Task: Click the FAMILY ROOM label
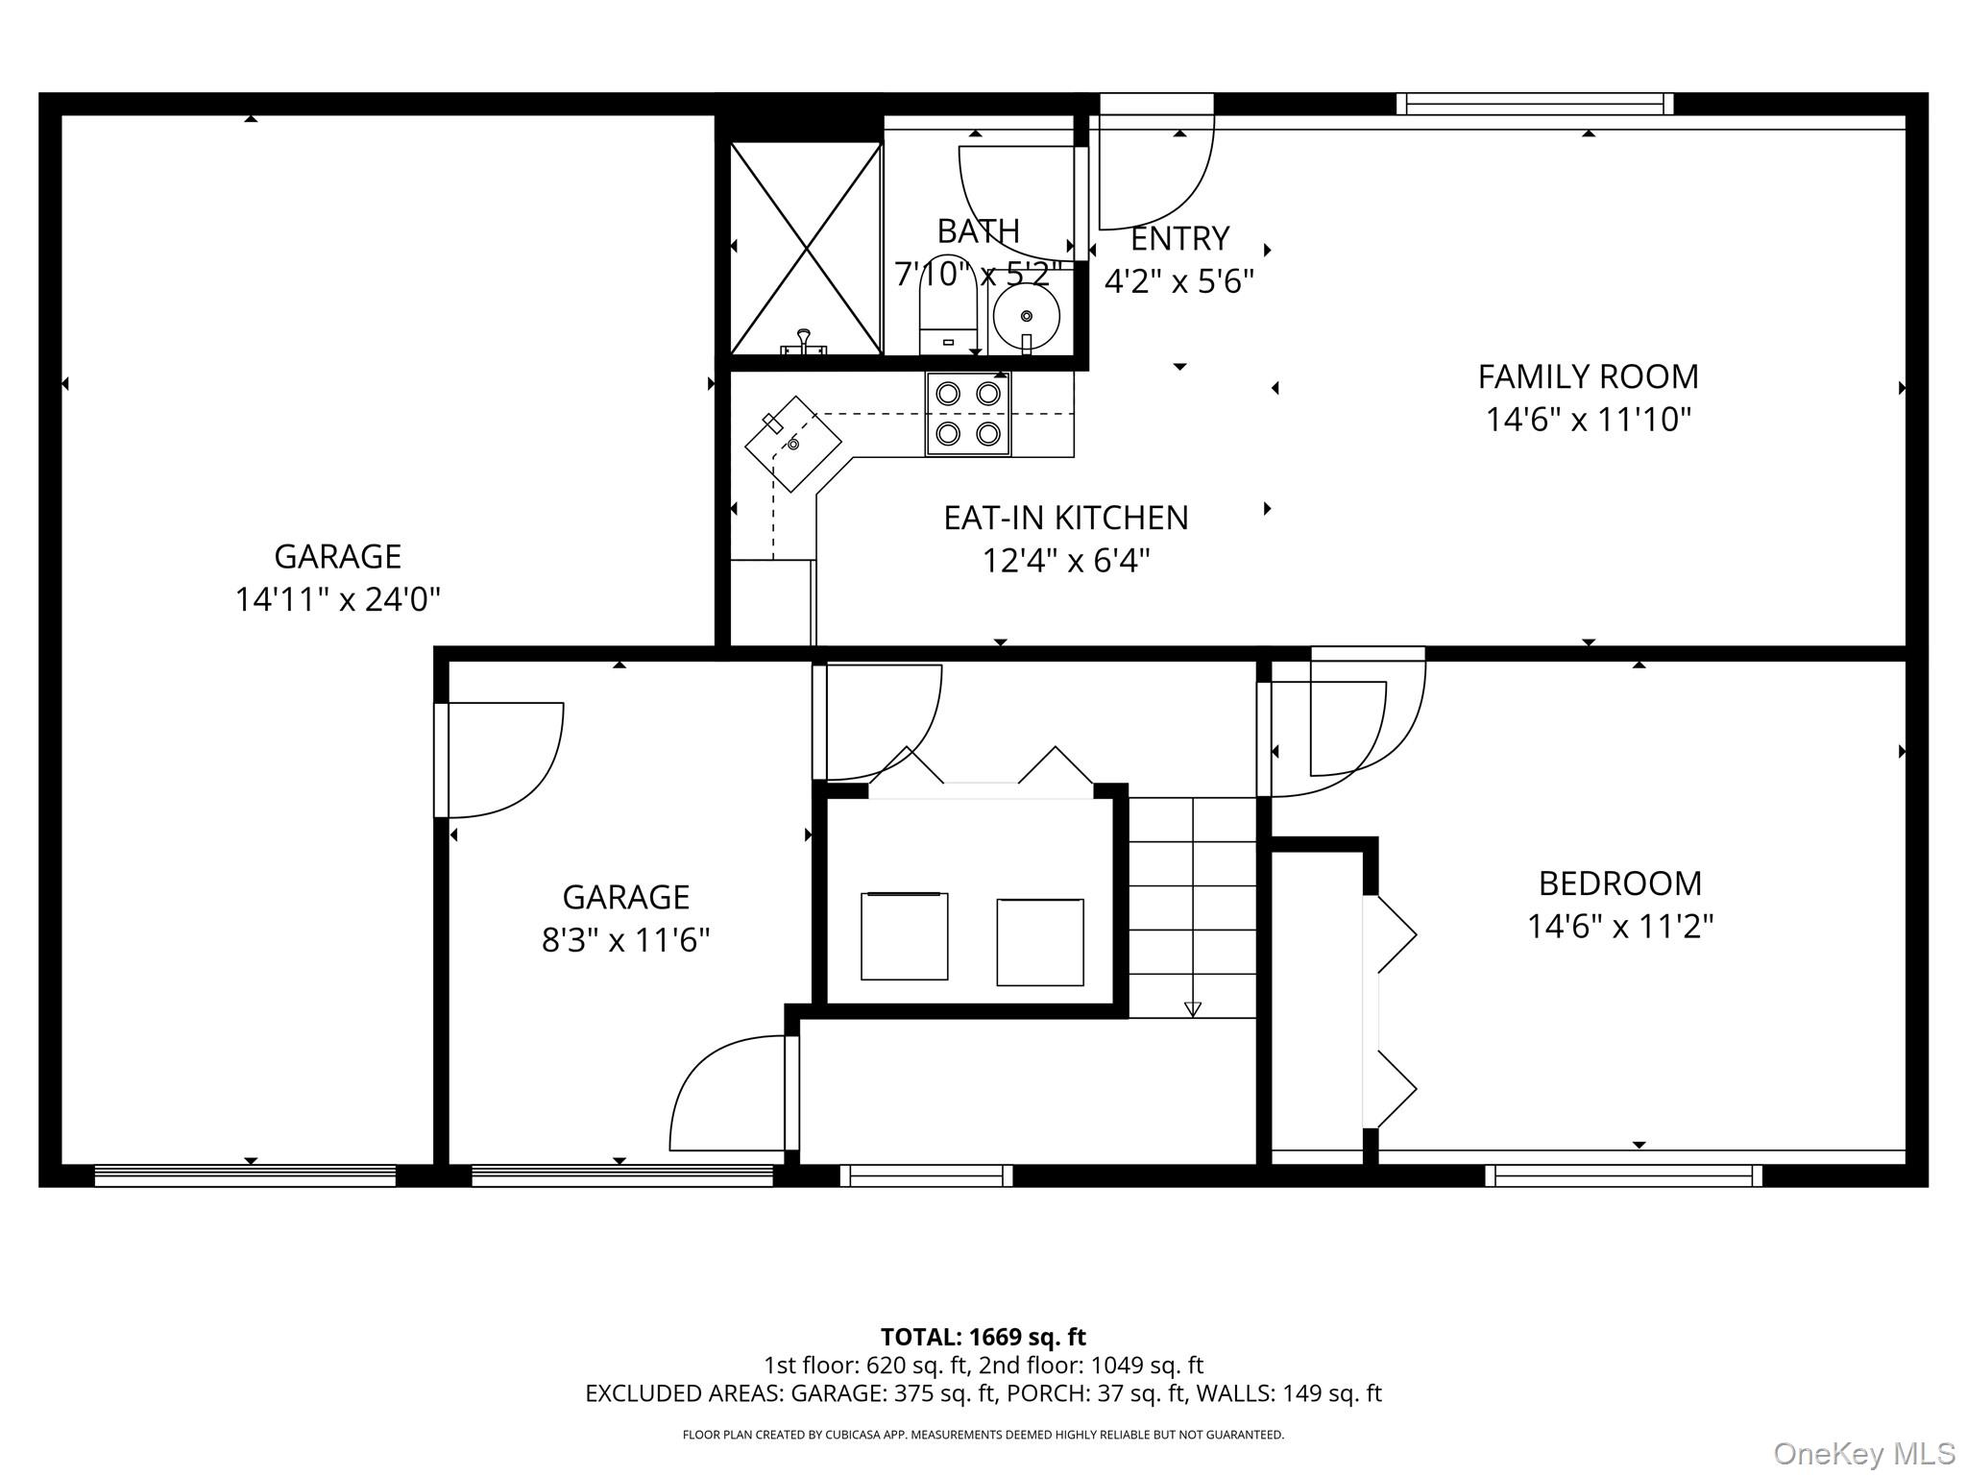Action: tap(1588, 376)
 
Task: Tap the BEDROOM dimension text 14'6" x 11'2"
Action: tap(1620, 927)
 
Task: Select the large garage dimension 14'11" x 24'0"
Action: tap(337, 600)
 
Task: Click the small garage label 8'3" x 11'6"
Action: tap(625, 940)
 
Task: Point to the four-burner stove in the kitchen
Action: tap(968, 414)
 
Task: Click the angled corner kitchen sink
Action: tap(793, 444)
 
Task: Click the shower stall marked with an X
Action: tap(806, 248)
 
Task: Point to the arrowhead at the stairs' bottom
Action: tap(1192, 1008)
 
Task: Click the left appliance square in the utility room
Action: tap(904, 936)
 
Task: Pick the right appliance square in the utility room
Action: tap(1040, 942)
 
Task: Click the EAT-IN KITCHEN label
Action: tap(1065, 519)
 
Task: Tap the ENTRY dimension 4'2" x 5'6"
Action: tap(1178, 281)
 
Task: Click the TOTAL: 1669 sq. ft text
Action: tap(983, 1337)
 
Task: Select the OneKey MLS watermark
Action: tap(1862, 1452)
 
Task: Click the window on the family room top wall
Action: tap(1534, 104)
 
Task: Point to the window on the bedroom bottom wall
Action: tap(1623, 1175)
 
